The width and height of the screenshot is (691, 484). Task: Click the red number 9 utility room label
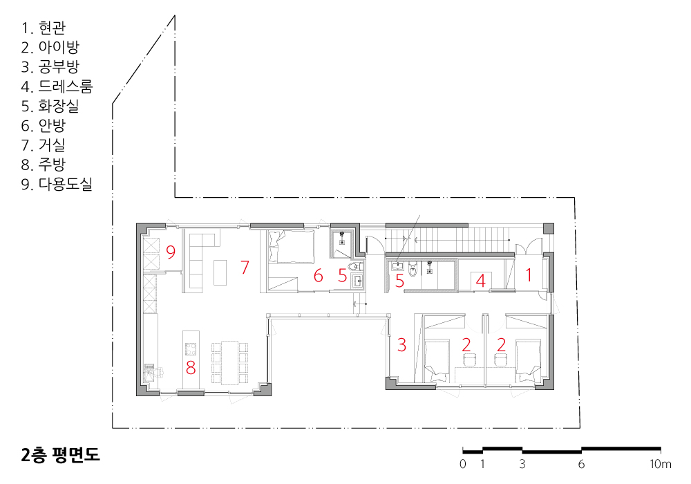pos(171,252)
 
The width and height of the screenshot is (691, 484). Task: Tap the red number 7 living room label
pos(245,267)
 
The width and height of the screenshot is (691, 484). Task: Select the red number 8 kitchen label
pos(191,367)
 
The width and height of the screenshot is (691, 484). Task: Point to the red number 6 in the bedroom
pos(318,275)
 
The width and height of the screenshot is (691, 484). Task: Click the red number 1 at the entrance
pos(529,275)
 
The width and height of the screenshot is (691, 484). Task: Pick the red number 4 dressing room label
pos(481,280)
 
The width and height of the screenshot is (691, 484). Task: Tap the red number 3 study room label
pos(401,345)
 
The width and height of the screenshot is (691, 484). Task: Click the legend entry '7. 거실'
pos(43,145)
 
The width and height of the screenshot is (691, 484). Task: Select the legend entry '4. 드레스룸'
pos(57,86)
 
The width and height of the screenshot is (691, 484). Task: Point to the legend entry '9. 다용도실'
pos(57,184)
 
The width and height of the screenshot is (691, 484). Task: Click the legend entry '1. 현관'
pos(43,28)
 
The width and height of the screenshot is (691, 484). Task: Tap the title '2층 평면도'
pos(60,454)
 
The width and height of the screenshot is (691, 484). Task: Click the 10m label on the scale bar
pos(660,464)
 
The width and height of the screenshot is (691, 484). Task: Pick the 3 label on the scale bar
pos(522,464)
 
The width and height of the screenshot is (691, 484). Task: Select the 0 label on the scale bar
pos(463,464)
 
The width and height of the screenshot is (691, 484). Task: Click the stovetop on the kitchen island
pos(191,349)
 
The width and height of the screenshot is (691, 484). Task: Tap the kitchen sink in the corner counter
pos(150,371)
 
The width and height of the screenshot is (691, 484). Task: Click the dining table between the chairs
pos(229,362)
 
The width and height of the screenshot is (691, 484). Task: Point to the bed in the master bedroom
pos(292,247)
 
